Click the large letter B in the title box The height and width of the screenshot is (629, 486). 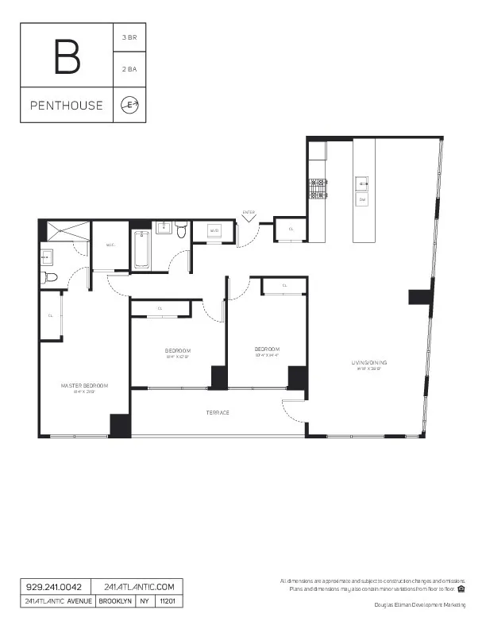pyautogui.click(x=67, y=55)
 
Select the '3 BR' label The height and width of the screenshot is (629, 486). pyautogui.click(x=129, y=37)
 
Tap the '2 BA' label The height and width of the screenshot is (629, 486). pyautogui.click(x=129, y=69)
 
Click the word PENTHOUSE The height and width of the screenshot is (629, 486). pyautogui.click(x=67, y=105)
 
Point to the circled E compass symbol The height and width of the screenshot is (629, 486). pyautogui.click(x=129, y=105)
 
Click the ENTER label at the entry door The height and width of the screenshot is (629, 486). pyautogui.click(x=249, y=212)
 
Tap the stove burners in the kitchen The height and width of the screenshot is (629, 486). pyautogui.click(x=318, y=188)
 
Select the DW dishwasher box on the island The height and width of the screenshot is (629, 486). pyautogui.click(x=361, y=199)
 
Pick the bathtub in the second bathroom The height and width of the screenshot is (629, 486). pyautogui.click(x=142, y=249)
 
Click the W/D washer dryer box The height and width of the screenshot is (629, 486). pyautogui.click(x=214, y=231)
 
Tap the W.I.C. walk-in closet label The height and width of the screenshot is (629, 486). pyautogui.click(x=110, y=245)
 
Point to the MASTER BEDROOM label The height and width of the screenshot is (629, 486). pyautogui.click(x=84, y=385)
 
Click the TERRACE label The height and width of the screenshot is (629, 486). pyautogui.click(x=218, y=412)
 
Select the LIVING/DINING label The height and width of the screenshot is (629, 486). pyautogui.click(x=369, y=364)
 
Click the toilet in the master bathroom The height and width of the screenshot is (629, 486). pyautogui.click(x=50, y=277)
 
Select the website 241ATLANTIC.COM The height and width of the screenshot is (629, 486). pyautogui.click(x=138, y=586)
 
